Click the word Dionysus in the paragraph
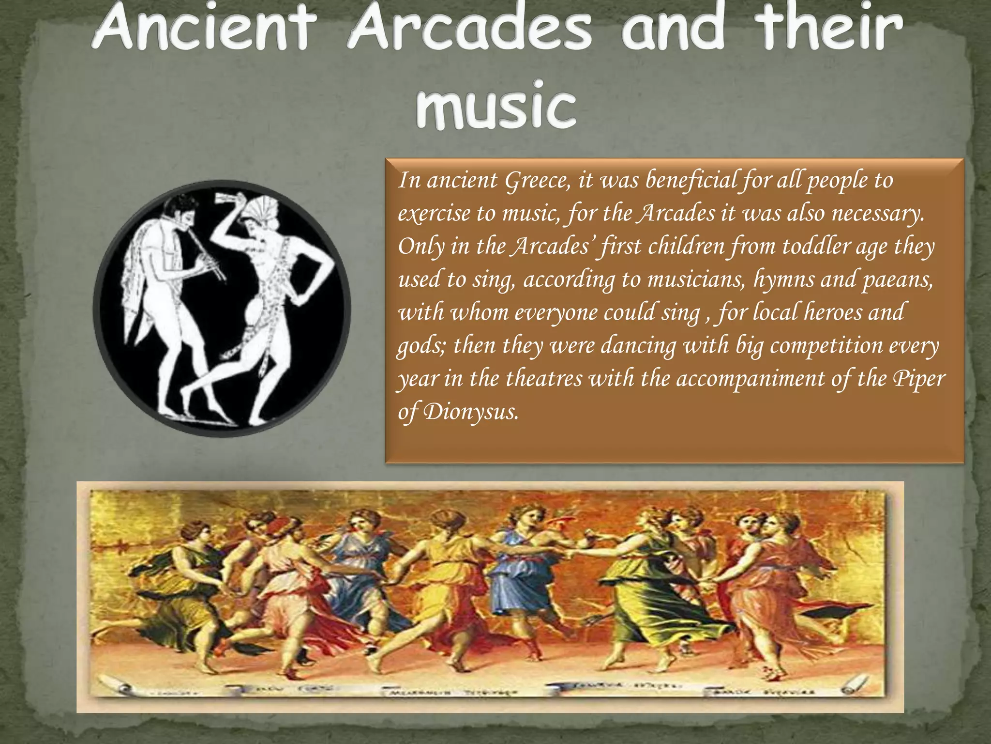pyautogui.click(x=470, y=412)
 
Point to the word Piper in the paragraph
pyautogui.click(x=918, y=379)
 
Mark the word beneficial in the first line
pyautogui.click(x=691, y=180)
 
